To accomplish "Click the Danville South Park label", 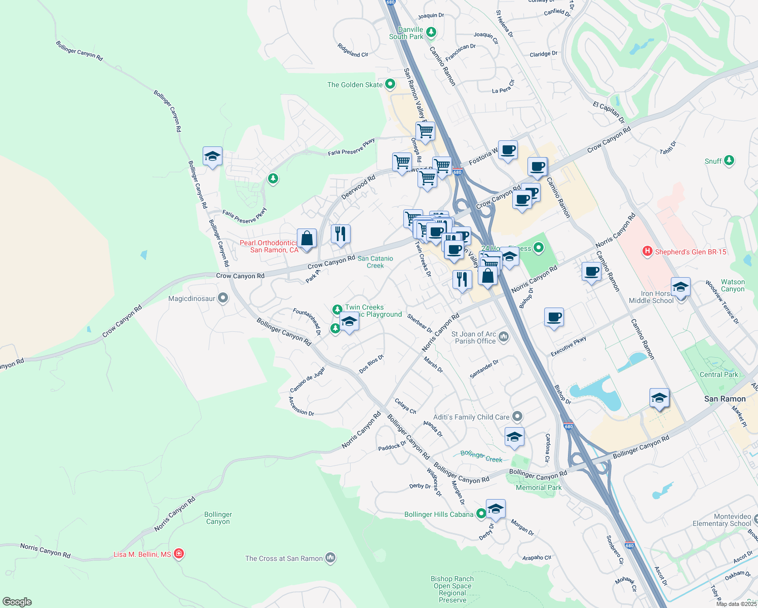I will click(406, 33).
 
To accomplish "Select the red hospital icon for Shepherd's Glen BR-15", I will click(647, 251).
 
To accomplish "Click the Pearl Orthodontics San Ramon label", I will click(269, 247).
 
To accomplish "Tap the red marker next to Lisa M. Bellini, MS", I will click(178, 554).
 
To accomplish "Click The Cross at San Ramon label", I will click(284, 558).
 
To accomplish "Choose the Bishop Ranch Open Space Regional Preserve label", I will click(452, 589).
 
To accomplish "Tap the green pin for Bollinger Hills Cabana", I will click(481, 514).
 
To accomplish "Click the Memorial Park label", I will click(539, 487).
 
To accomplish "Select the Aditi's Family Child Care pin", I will click(517, 416).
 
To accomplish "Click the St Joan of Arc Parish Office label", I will click(474, 337).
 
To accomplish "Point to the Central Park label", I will click(718, 374).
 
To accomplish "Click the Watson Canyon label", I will click(733, 286).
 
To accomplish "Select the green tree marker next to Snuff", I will click(729, 161).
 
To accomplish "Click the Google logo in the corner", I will click(17, 601).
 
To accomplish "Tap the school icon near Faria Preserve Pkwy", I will click(212, 157).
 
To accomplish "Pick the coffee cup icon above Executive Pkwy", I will click(554, 317).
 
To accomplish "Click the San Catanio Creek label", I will click(375, 262).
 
